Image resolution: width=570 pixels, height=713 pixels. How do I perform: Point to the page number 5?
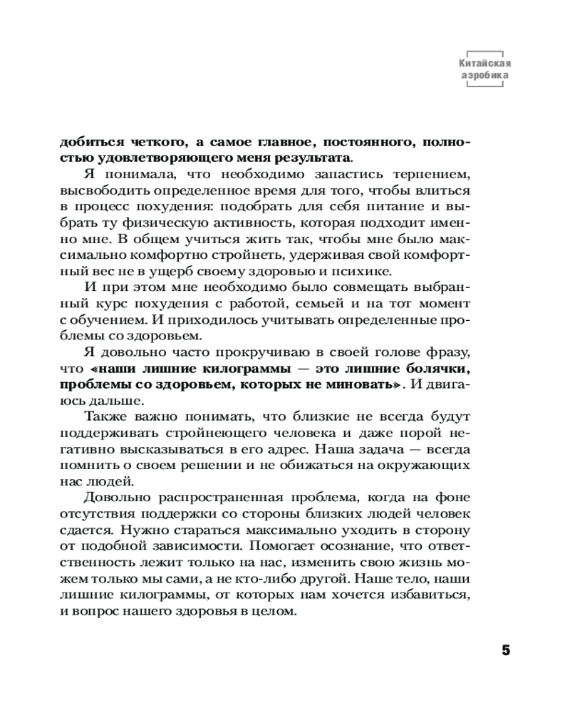[507, 651]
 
